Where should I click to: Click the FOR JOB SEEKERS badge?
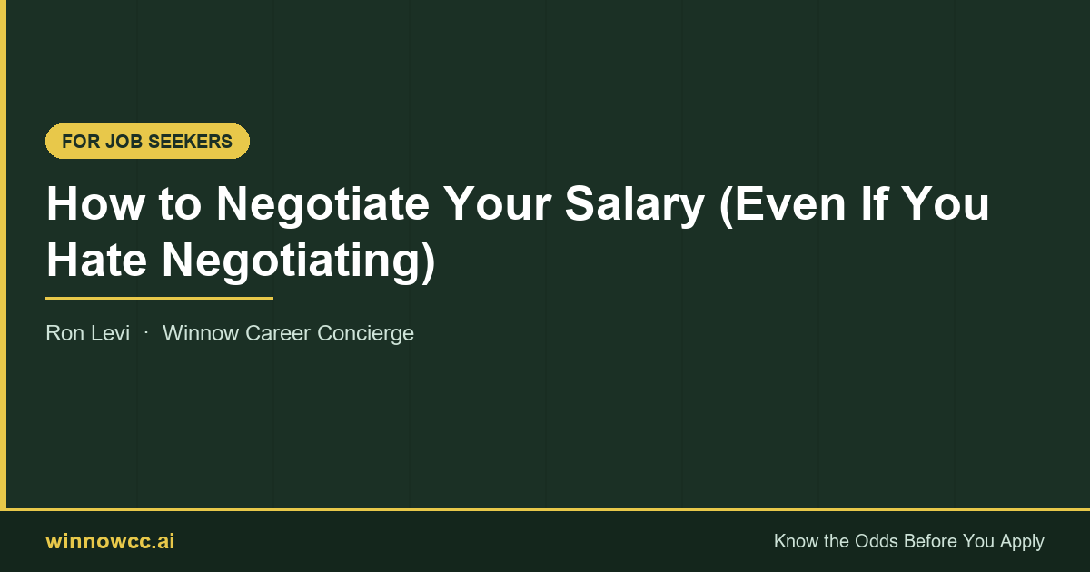pos(147,142)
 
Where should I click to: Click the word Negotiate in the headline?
pos(322,204)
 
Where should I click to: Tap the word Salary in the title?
pos(634,204)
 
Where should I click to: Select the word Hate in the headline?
pos(95,261)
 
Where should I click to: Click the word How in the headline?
pos(94,204)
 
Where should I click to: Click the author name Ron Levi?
pos(87,333)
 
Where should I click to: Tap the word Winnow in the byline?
pos(201,333)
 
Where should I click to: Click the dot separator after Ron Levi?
pos(146,333)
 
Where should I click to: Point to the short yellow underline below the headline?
pos(159,297)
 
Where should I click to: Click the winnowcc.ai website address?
pos(110,542)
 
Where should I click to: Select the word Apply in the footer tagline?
pos(1022,542)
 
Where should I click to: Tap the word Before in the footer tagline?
pos(935,542)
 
